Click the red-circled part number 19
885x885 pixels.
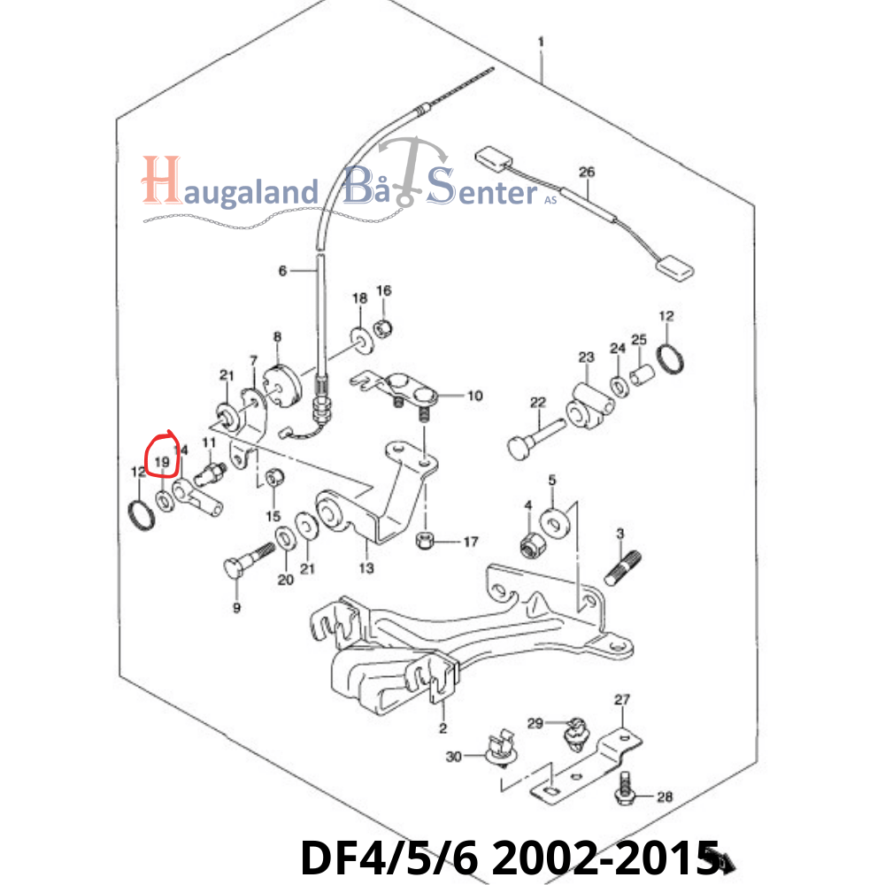click(162, 462)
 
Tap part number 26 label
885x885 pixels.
click(587, 172)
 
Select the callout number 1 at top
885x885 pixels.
click(541, 42)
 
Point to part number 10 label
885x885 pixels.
click(474, 396)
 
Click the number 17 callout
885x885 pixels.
click(471, 542)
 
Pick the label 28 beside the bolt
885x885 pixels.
click(665, 796)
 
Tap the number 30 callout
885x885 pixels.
click(454, 757)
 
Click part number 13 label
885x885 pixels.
click(366, 568)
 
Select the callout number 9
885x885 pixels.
click(236, 608)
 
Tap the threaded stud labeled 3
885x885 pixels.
click(622, 568)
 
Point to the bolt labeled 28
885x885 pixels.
click(624, 788)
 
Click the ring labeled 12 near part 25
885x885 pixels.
click(672, 358)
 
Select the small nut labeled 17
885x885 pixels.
click(424, 540)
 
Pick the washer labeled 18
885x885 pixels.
click(362, 340)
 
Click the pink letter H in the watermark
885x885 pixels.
click(161, 180)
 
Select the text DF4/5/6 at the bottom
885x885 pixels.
click(389, 857)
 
